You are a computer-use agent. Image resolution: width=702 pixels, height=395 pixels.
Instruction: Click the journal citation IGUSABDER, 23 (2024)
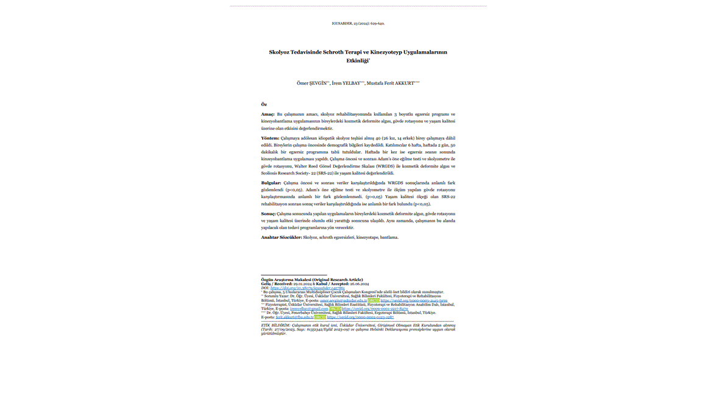(x=358, y=23)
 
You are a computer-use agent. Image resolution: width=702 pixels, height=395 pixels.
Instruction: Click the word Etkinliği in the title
(x=357, y=61)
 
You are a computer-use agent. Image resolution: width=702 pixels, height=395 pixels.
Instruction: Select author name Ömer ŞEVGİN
(x=312, y=83)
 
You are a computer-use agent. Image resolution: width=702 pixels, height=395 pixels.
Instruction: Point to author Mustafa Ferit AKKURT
(x=391, y=83)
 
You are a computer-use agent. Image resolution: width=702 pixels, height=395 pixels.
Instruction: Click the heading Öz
(x=264, y=104)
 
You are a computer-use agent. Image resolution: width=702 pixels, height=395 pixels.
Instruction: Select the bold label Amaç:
(x=268, y=114)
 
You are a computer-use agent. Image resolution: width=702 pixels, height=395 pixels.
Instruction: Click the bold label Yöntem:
(x=270, y=138)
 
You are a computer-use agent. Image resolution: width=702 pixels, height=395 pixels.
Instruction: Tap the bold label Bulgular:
(x=271, y=183)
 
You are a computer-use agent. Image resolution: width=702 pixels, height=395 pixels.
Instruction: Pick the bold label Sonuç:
(x=268, y=214)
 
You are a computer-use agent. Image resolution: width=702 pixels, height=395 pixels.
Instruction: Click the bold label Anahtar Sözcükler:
(x=282, y=237)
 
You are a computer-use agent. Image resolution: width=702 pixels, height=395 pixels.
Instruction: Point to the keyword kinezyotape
(x=367, y=237)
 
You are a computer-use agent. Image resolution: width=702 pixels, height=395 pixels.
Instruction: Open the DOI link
(x=307, y=288)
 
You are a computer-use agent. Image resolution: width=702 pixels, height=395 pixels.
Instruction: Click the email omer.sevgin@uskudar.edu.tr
(x=344, y=301)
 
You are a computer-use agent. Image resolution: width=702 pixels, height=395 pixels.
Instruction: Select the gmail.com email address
(x=309, y=309)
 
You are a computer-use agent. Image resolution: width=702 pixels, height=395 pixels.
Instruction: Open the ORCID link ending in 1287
(x=360, y=317)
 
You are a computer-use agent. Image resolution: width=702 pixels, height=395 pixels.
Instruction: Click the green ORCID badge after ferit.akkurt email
(x=320, y=317)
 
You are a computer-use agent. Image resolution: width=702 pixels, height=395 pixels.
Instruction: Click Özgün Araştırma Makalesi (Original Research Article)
(x=312, y=280)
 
